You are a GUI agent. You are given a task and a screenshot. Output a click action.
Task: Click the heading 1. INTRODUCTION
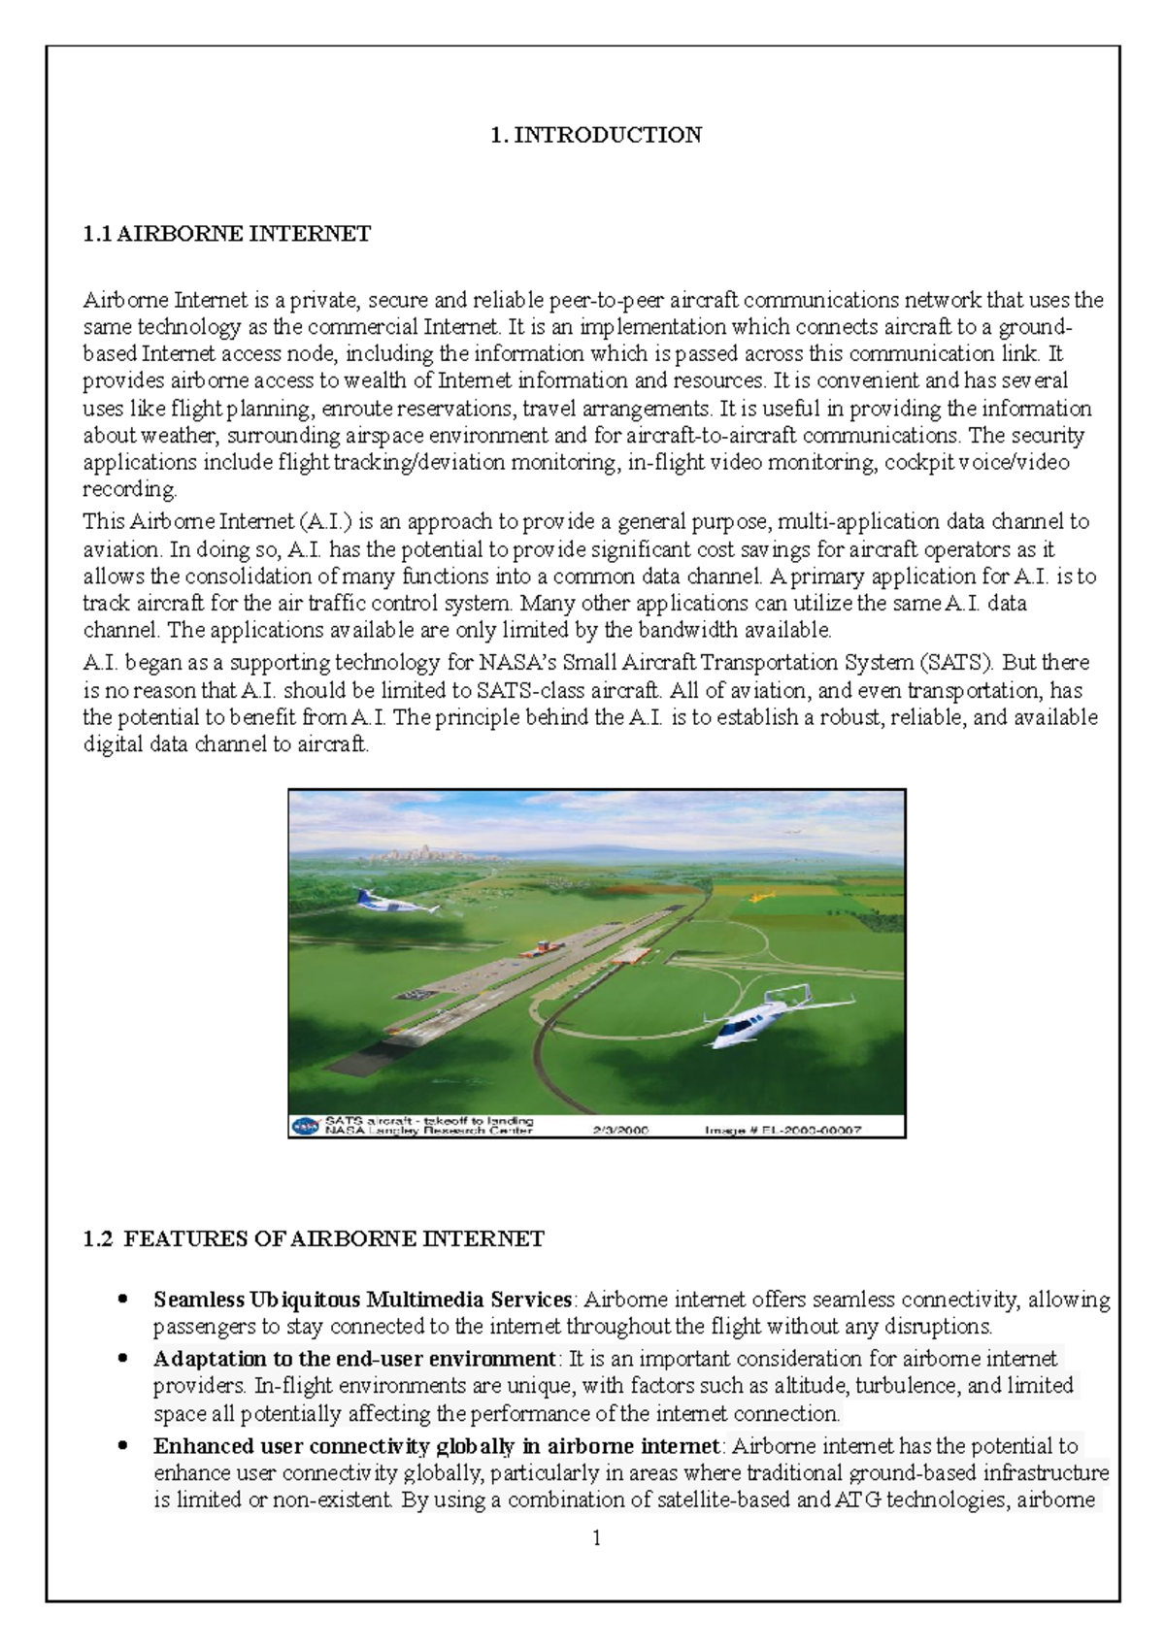point(596,135)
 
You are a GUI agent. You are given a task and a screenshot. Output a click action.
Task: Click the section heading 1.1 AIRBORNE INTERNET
point(226,234)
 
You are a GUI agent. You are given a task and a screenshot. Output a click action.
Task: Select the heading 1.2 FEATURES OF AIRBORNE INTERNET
point(313,1239)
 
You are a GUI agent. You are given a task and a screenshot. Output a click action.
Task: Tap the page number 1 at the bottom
point(596,1537)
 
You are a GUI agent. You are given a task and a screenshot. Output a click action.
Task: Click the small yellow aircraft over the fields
point(763,896)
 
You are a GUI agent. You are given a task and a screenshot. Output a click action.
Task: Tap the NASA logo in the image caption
point(306,1126)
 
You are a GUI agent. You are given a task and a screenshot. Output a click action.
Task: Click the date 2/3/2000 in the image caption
point(621,1130)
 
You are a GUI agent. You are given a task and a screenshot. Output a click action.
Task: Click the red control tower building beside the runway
point(546,944)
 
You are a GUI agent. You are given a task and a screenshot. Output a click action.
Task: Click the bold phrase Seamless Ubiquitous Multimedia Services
point(362,1300)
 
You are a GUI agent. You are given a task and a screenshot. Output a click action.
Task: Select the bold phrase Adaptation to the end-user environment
point(354,1359)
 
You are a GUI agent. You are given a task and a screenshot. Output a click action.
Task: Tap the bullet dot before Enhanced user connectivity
point(122,1445)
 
